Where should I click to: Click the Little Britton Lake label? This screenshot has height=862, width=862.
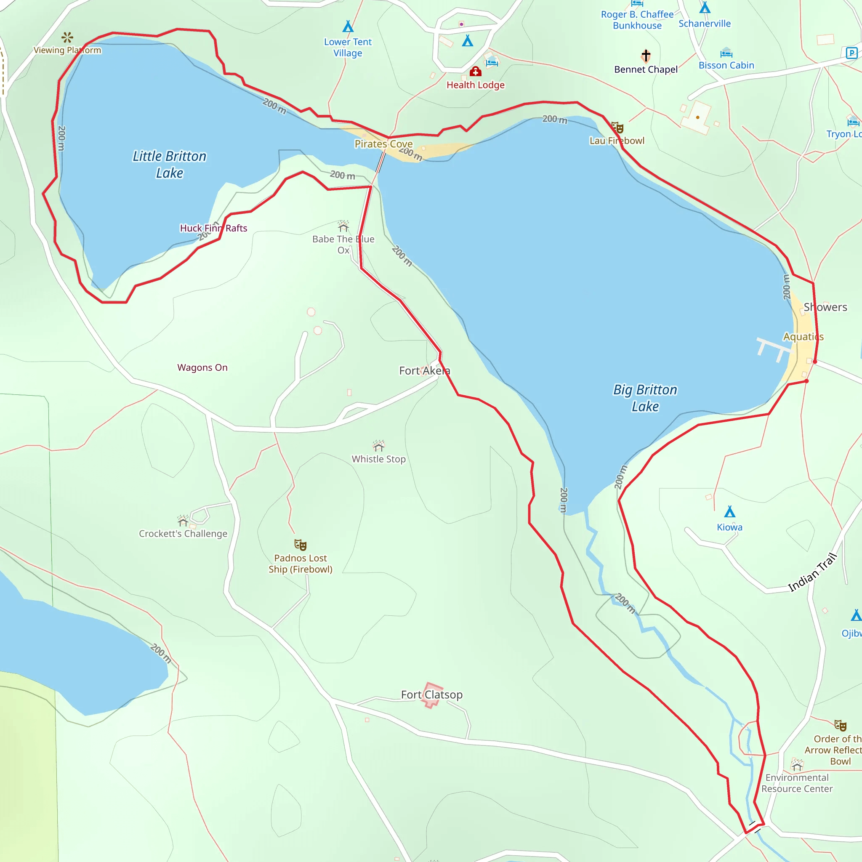point(170,164)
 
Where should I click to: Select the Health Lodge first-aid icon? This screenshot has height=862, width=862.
point(475,72)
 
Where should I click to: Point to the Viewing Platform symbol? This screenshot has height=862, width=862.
point(67,37)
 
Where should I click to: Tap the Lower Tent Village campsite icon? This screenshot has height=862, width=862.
point(348,27)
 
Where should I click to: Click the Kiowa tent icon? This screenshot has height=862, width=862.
point(729,511)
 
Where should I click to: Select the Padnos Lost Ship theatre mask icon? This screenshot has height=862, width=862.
point(300,545)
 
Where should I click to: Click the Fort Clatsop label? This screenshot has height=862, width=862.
point(431,694)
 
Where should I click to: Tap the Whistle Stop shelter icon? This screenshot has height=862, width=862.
point(379,446)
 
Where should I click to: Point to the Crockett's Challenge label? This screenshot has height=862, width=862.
point(183,534)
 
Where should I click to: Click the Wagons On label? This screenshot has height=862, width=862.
point(202,367)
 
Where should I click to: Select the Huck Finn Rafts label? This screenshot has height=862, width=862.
point(213,228)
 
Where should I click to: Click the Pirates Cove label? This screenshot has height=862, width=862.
point(383,144)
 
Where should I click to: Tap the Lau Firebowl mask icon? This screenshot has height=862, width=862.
point(617,128)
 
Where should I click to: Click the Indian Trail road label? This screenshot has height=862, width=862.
point(812,572)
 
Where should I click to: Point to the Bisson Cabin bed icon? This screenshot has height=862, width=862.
point(726,53)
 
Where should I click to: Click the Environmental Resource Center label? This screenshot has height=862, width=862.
point(797,783)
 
